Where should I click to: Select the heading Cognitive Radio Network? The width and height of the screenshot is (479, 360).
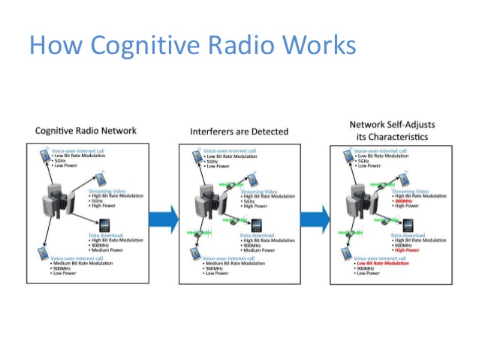click(86, 130)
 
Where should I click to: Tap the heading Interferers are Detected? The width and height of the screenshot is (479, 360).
click(238, 131)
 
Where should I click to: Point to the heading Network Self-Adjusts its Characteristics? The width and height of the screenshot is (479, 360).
click(392, 130)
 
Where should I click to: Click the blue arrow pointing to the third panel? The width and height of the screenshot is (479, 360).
click(315, 219)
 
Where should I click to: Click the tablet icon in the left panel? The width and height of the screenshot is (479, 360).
click(102, 226)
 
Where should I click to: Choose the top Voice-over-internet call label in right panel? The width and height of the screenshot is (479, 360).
click(380, 151)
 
